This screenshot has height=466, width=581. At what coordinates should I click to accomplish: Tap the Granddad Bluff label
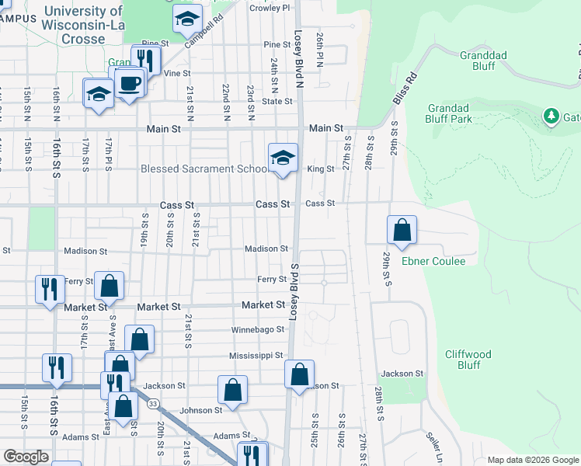[484, 61]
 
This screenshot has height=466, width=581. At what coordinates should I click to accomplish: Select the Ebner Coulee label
[433, 261]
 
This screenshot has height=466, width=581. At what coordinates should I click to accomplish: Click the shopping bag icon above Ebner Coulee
[402, 231]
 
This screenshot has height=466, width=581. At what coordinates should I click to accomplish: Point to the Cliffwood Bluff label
[468, 359]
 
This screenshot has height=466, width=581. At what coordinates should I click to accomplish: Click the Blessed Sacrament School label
[203, 169]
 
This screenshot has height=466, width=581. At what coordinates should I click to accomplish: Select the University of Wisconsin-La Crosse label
[85, 25]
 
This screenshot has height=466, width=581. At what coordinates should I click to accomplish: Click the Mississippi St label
[256, 355]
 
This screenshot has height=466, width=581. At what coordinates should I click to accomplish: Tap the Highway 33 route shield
[154, 404]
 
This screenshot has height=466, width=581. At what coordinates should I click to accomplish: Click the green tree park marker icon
[551, 116]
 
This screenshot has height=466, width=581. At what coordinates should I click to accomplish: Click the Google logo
[26, 457]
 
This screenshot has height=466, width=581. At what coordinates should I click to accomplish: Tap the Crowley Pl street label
[270, 8]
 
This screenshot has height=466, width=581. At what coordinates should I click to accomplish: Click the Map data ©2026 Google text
[532, 460]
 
